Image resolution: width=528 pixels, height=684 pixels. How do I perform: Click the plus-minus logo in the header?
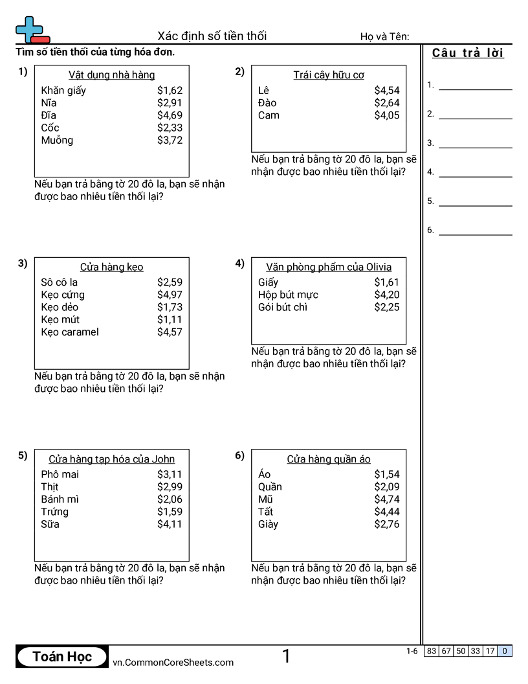tap(31, 30)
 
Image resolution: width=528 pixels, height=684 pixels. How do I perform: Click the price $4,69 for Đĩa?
tap(170, 115)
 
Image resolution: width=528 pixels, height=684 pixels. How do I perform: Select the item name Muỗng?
tap(57, 141)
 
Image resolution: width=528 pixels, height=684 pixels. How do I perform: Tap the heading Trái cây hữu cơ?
tap(329, 75)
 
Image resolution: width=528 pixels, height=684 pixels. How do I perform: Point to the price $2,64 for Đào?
tap(387, 103)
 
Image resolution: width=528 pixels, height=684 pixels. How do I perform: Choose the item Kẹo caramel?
tap(70, 332)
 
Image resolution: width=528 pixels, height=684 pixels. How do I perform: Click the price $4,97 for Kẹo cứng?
tap(170, 295)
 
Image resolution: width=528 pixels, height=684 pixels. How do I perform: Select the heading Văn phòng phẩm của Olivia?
tap(329, 267)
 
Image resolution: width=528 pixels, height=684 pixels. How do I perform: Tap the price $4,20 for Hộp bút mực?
tap(387, 295)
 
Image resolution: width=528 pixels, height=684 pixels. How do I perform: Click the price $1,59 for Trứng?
tap(170, 512)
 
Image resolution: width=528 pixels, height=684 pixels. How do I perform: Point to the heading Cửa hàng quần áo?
tap(329, 459)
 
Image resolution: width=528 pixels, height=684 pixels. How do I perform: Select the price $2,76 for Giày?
tap(387, 524)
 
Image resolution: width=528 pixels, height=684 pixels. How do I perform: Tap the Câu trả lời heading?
tap(468, 53)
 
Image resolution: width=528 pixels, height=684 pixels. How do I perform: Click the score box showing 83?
tap(432, 651)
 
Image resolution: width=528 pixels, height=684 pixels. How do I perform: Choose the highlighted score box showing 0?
tap(505, 651)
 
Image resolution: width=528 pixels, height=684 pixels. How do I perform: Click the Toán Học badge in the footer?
tap(62, 657)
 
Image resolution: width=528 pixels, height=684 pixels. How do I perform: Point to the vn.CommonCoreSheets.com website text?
tap(173, 662)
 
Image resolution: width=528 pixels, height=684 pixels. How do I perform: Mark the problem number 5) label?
tap(23, 455)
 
